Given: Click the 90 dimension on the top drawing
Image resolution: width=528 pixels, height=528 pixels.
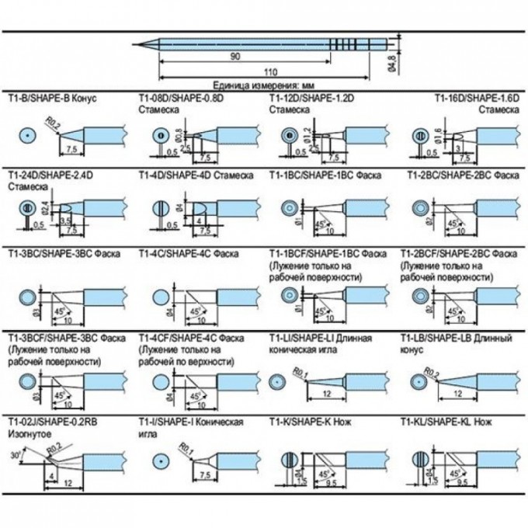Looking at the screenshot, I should [234, 57].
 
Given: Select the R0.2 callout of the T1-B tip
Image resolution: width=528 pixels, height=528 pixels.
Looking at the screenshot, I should [52, 122].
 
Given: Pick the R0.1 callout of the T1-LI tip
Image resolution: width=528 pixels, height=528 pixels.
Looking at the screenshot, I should [301, 376].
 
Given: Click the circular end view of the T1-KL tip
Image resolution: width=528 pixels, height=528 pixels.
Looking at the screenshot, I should [420, 458].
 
